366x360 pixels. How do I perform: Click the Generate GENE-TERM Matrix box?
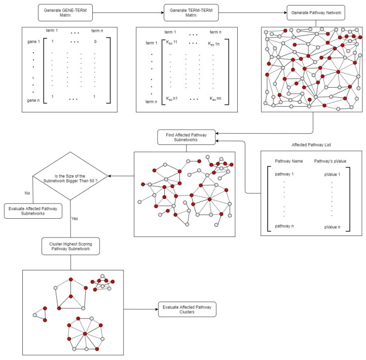[x=64, y=13]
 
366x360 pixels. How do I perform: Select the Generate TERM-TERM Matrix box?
[x=191, y=13]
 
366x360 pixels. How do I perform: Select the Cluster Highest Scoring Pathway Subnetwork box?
[x=70, y=247]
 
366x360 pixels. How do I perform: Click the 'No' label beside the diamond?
[x=27, y=192]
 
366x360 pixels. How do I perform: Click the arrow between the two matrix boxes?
[x=128, y=13]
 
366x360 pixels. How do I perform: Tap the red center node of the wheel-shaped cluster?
[x=85, y=333]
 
